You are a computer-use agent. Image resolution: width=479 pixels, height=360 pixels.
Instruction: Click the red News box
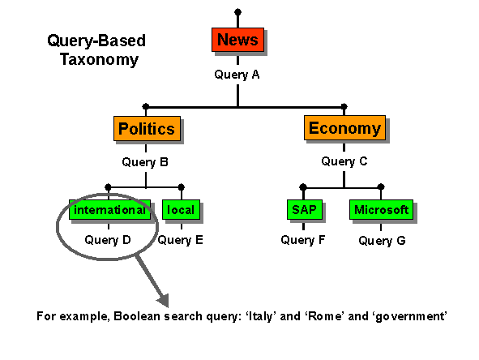click(237, 40)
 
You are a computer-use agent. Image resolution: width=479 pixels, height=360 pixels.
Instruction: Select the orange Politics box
click(146, 128)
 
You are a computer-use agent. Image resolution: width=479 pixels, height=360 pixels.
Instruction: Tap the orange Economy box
click(344, 128)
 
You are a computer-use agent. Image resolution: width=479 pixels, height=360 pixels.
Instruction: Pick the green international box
click(109, 210)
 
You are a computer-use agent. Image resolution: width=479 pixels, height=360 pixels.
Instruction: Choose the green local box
click(180, 210)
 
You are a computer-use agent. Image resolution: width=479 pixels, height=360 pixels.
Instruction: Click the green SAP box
click(303, 210)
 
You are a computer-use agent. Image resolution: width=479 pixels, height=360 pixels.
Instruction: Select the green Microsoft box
click(381, 210)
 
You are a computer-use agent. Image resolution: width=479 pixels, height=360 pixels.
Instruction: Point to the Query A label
click(237, 75)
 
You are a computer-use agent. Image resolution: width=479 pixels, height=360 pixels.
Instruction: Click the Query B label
click(145, 161)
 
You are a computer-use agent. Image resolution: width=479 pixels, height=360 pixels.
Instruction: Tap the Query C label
click(344, 161)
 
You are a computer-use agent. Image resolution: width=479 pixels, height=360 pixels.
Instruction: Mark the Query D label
click(107, 240)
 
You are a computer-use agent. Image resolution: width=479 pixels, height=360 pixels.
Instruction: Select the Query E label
click(180, 240)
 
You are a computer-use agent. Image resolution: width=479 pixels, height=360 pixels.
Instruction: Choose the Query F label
click(303, 240)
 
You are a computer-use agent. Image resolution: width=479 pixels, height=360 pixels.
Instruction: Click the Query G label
click(381, 241)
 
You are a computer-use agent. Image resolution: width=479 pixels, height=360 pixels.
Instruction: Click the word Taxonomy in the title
click(99, 60)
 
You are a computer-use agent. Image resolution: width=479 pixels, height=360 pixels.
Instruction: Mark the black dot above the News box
click(237, 12)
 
